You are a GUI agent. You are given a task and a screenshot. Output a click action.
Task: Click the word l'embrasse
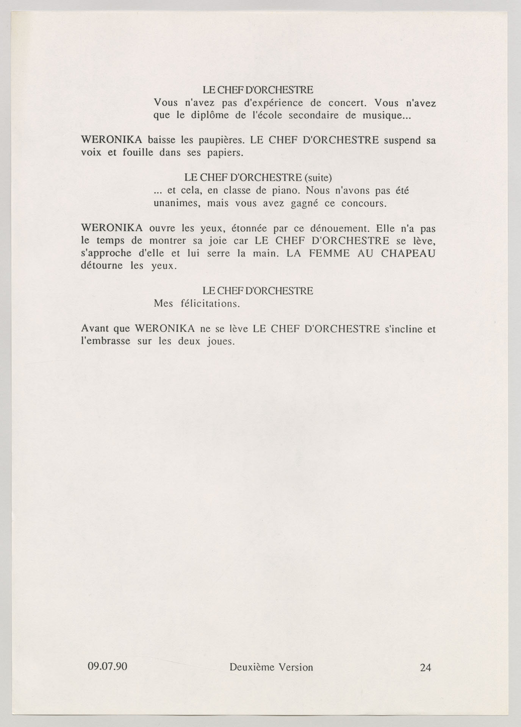pyautogui.click(x=106, y=342)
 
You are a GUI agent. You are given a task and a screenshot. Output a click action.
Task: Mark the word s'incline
pyautogui.click(x=403, y=329)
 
